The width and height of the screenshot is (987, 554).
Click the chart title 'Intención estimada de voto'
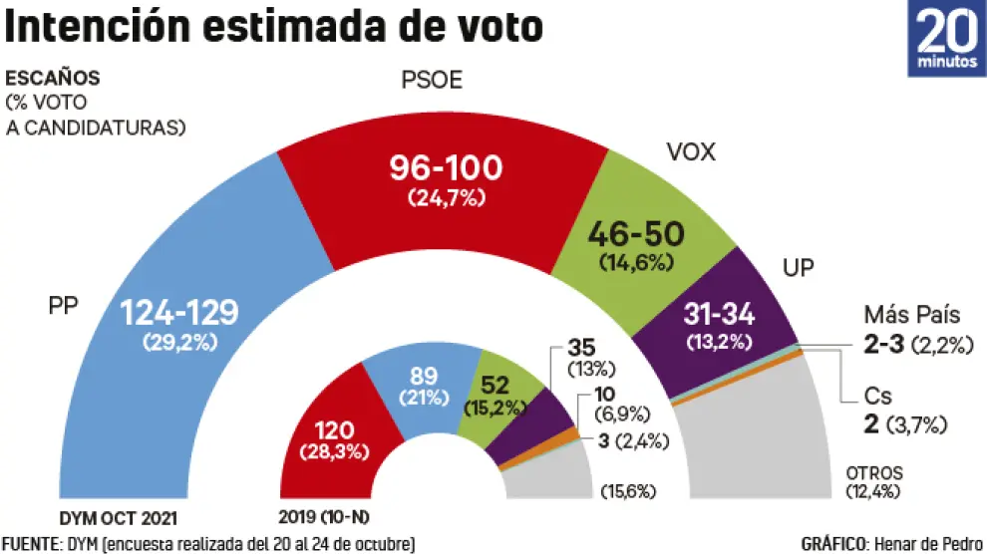coord(274,27)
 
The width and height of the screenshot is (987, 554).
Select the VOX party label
coord(691,152)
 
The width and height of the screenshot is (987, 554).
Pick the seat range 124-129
coord(179,313)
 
